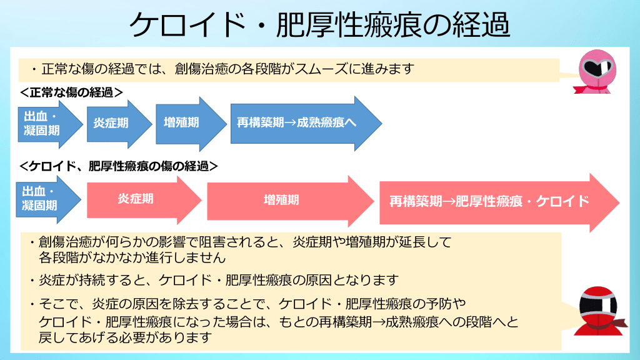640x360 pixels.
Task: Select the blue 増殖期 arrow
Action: tap(185, 123)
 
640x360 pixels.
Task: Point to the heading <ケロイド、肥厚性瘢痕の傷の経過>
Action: tap(118, 166)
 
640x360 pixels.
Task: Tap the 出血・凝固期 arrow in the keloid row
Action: tap(44, 199)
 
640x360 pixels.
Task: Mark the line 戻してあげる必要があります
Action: tap(126, 337)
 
